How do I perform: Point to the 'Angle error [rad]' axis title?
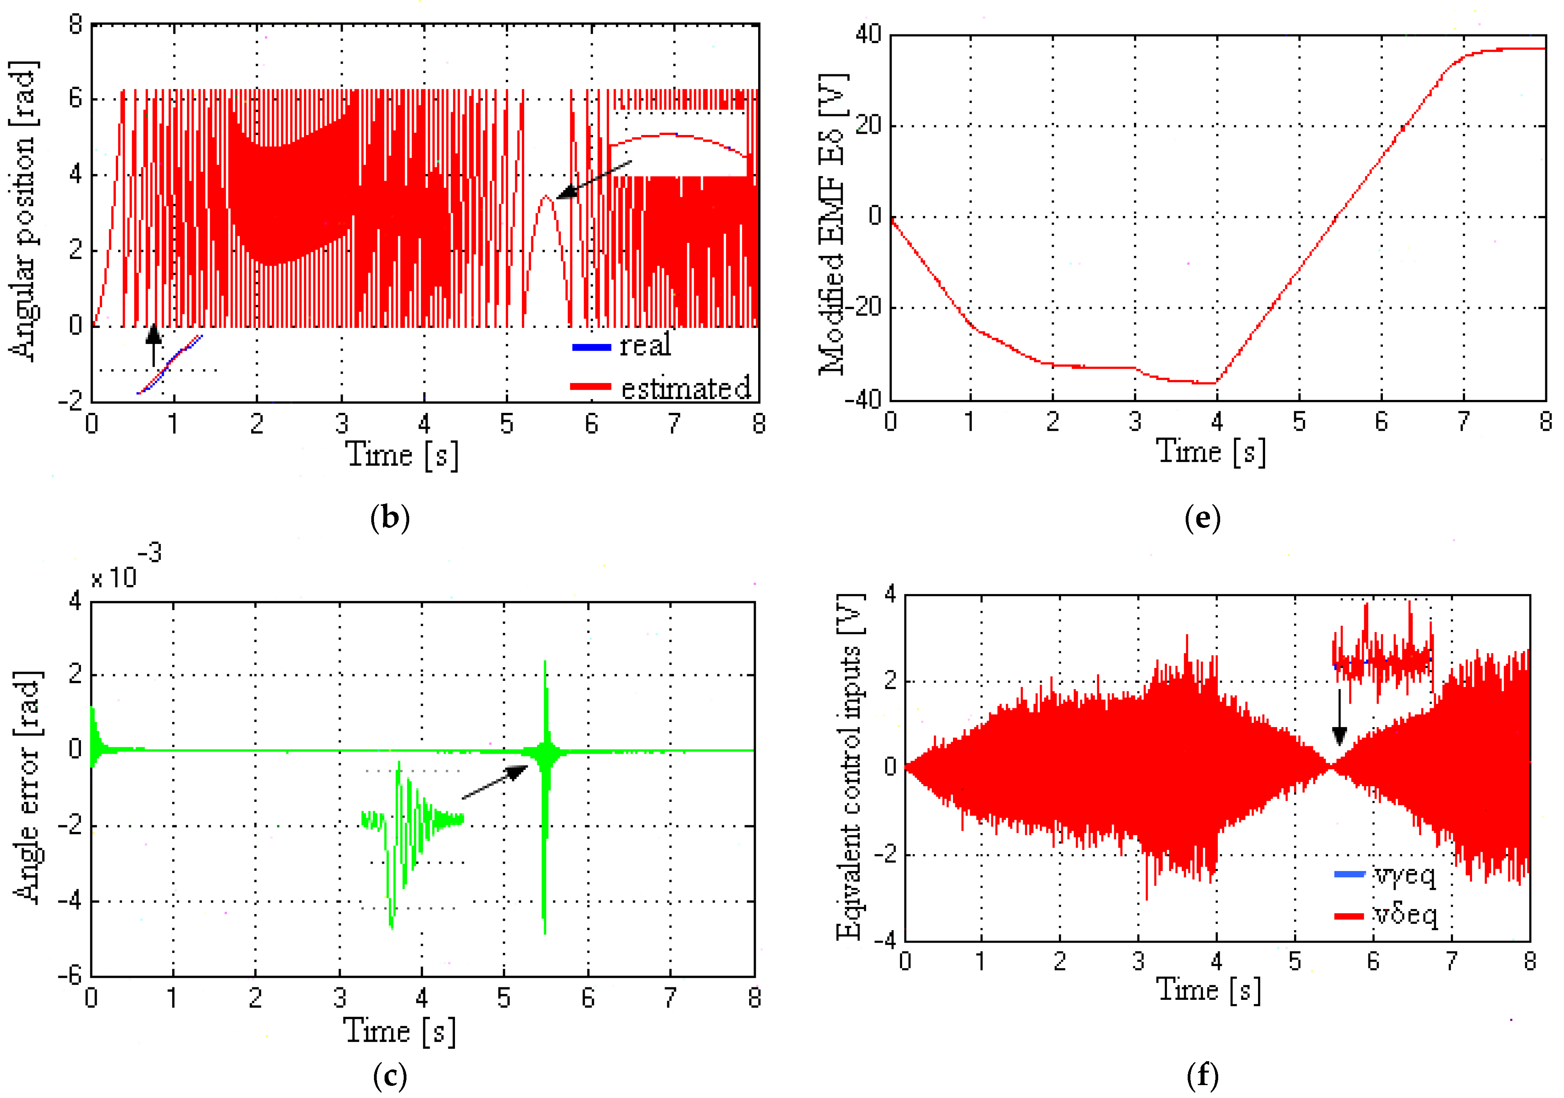[x=27, y=787]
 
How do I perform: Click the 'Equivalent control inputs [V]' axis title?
[x=850, y=767]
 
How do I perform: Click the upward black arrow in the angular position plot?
[x=154, y=344]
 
